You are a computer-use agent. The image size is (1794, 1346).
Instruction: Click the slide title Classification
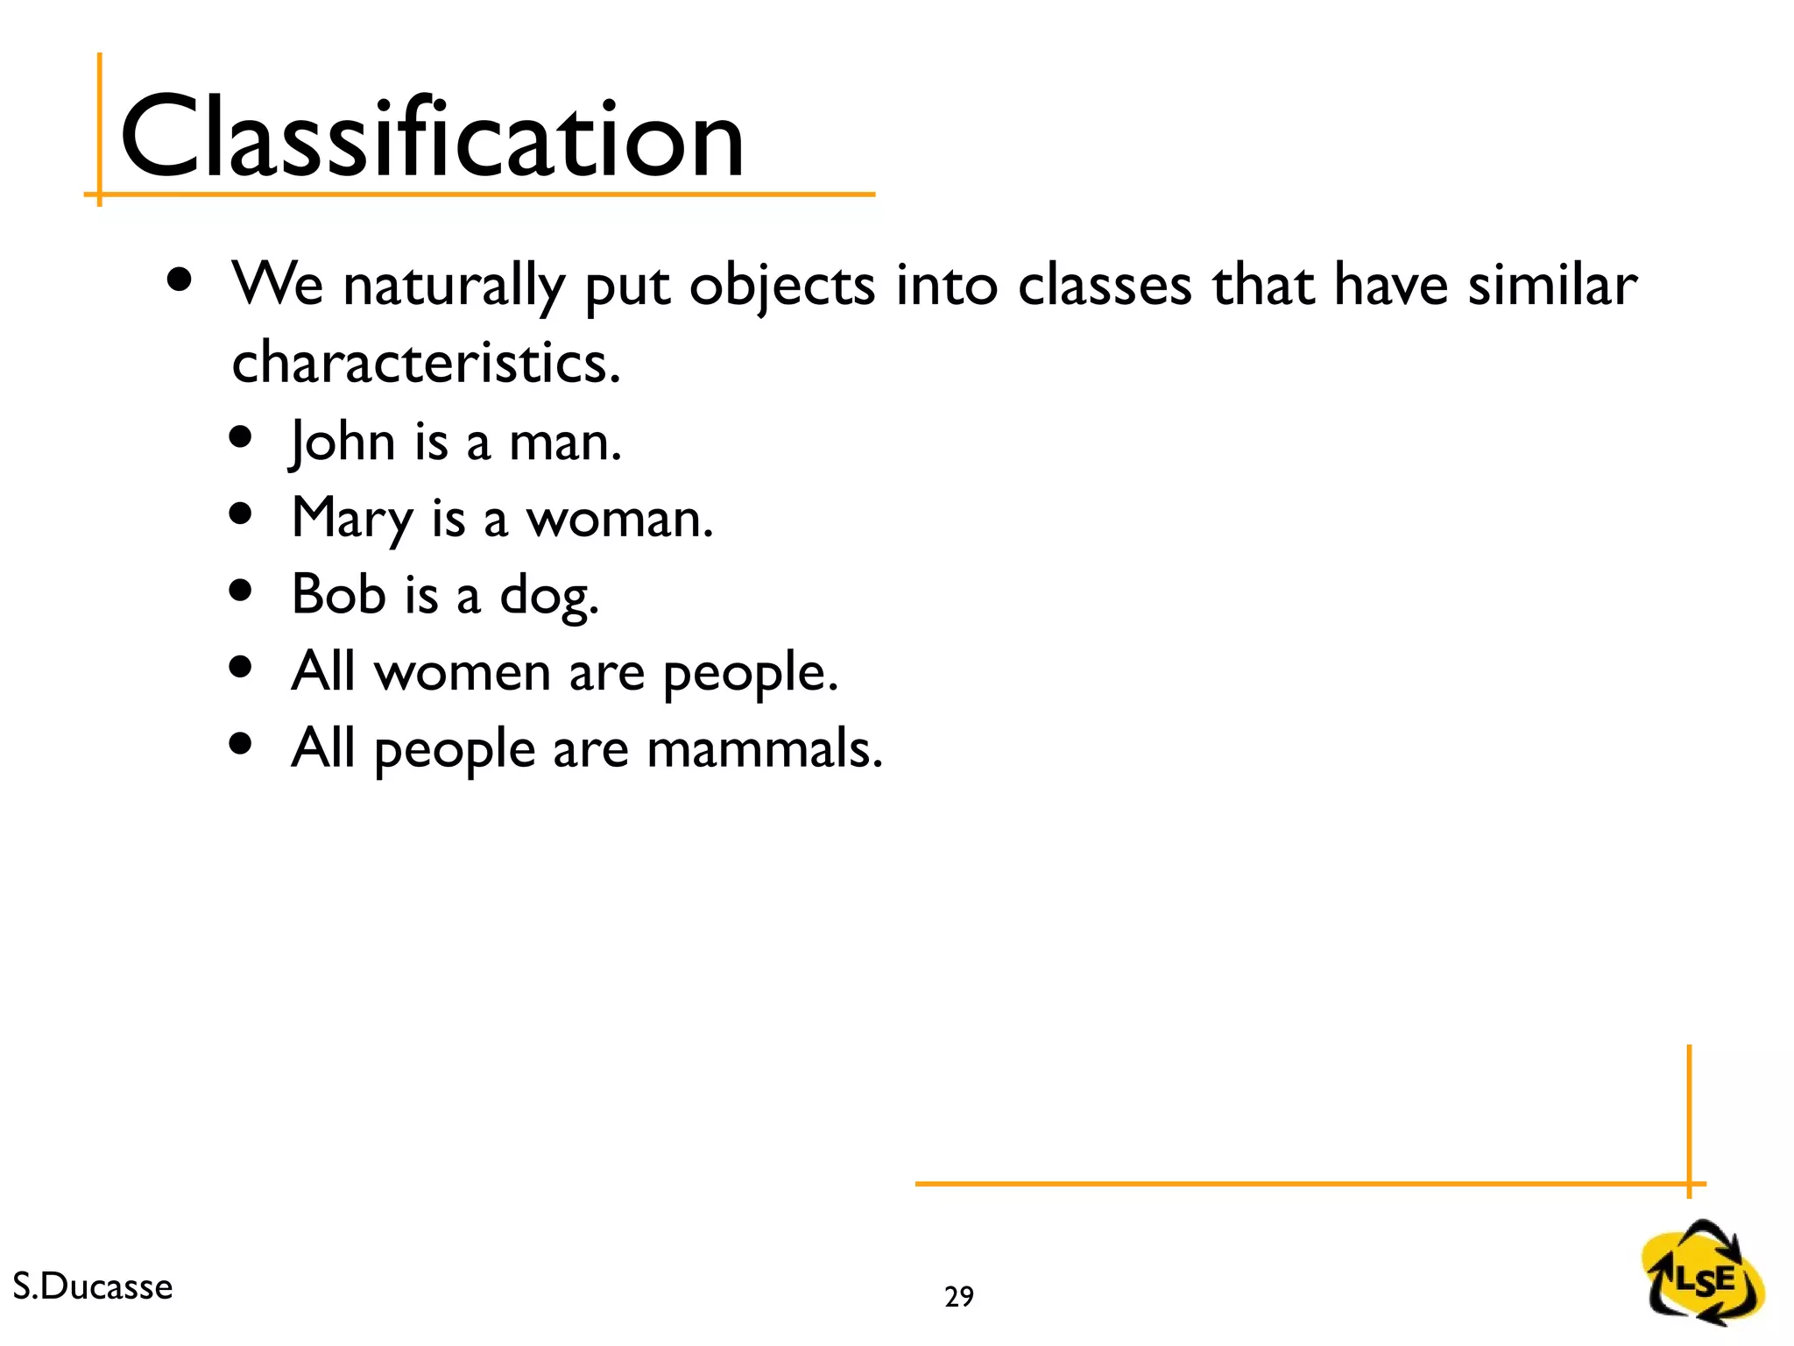(x=431, y=138)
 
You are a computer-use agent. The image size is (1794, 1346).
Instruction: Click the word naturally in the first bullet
(x=454, y=286)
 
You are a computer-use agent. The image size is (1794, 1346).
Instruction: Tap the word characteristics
(x=426, y=363)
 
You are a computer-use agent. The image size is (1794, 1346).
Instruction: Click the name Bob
(x=338, y=594)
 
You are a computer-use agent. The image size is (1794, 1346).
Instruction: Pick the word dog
(x=548, y=596)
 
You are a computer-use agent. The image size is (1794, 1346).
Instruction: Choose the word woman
(x=618, y=519)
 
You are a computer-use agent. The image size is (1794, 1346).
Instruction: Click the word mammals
(x=764, y=750)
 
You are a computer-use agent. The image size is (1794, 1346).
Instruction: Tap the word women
(x=463, y=673)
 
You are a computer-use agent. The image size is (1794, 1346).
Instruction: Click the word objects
(x=781, y=287)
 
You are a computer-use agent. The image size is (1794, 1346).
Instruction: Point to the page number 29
(x=959, y=1296)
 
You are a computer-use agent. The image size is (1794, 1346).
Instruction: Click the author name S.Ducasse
(x=93, y=1286)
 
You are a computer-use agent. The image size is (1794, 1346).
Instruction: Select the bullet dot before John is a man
(x=240, y=436)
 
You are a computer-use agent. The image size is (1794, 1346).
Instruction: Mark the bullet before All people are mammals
(x=240, y=744)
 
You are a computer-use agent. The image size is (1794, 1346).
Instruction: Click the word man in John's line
(x=565, y=443)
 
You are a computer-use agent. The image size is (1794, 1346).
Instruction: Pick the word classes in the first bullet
(x=1104, y=286)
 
